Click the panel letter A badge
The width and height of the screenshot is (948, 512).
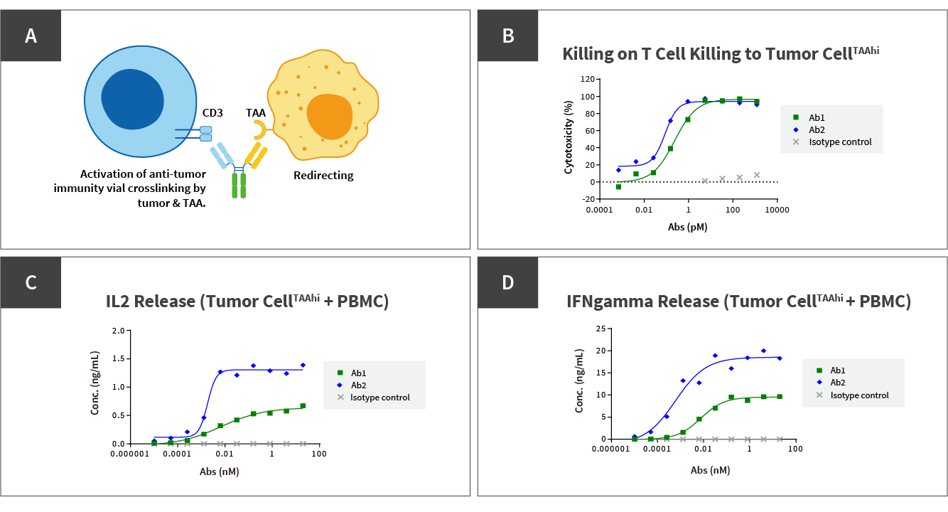pyautogui.click(x=31, y=36)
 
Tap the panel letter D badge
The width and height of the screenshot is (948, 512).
pyautogui.click(x=507, y=282)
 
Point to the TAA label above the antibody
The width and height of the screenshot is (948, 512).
pyautogui.click(x=256, y=112)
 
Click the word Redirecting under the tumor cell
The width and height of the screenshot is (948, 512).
pyautogui.click(x=323, y=175)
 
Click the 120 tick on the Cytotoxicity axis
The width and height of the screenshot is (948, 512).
pyautogui.click(x=587, y=79)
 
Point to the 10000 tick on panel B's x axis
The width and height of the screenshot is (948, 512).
pyautogui.click(x=777, y=210)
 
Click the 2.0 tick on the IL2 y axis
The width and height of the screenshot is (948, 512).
pyautogui.click(x=119, y=331)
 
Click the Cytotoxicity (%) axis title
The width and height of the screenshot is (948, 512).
pyautogui.click(x=569, y=138)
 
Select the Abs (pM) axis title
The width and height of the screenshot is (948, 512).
pyautogui.click(x=687, y=228)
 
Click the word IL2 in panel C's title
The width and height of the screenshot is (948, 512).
pyautogui.click(x=119, y=302)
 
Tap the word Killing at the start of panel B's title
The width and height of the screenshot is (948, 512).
pyautogui.click(x=587, y=54)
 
